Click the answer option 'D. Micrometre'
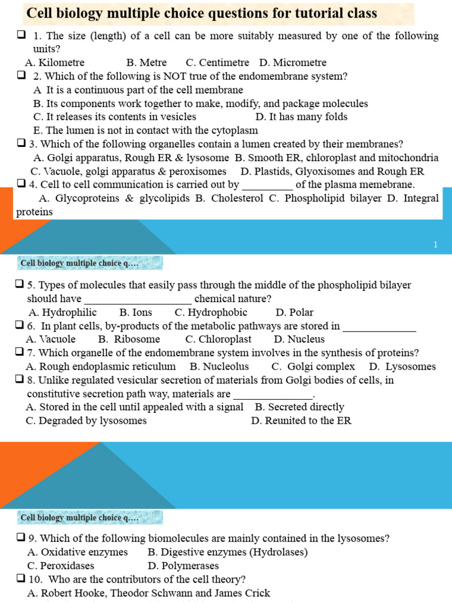293,62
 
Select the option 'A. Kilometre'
55,62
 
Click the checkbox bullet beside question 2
22,76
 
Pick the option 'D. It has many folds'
301,116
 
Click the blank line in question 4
267,185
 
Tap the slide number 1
436,245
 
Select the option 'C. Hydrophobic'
211,312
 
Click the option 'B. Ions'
135,312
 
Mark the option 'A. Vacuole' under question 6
51,339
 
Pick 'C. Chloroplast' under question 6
218,339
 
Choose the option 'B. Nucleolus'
219,366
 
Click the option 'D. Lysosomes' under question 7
403,366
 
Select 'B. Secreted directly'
300,407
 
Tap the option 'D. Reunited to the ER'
301,420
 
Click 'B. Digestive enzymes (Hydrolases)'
227,552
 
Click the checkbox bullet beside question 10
20,579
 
